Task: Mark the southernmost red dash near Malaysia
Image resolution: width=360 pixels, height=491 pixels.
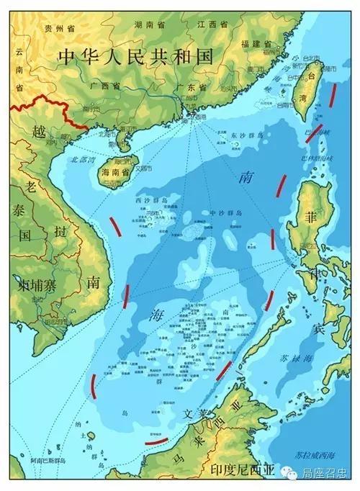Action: point(157,439)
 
